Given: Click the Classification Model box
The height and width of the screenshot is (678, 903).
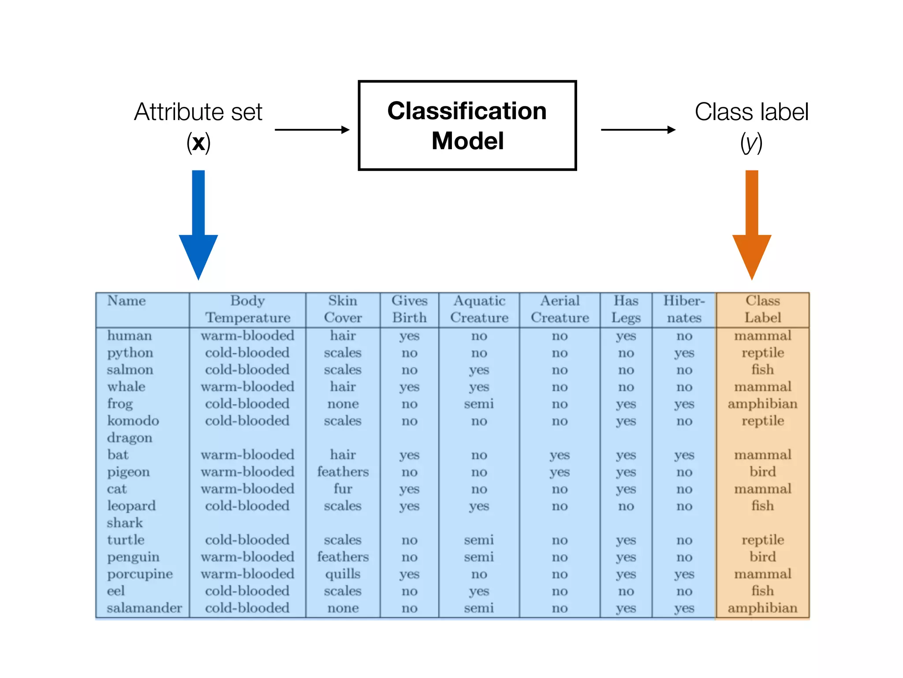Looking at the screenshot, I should click(x=467, y=125).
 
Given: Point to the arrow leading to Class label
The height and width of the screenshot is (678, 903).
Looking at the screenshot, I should click(x=638, y=130).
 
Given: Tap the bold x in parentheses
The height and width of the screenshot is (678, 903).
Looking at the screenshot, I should click(x=198, y=143).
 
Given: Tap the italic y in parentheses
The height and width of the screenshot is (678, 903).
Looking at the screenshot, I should click(x=751, y=143).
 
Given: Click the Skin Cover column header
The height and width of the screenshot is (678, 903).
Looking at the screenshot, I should click(x=343, y=309).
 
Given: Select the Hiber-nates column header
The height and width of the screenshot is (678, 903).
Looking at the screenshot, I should click(x=684, y=309).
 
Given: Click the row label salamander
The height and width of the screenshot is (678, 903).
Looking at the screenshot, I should click(x=144, y=608).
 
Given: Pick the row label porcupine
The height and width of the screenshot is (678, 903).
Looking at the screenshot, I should click(x=140, y=574).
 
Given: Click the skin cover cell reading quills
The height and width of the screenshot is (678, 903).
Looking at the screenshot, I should click(x=343, y=574).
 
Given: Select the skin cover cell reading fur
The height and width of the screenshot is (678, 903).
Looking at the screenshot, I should click(x=343, y=489).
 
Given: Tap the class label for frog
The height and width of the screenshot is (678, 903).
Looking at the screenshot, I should click(x=762, y=404).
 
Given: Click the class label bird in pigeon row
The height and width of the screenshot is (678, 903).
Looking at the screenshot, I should click(x=762, y=472).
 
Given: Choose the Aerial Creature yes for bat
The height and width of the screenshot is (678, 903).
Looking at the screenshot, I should click(x=560, y=455).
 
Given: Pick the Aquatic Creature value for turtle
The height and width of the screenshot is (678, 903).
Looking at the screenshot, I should click(x=479, y=540).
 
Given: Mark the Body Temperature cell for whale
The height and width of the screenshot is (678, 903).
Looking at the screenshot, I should click(x=247, y=387).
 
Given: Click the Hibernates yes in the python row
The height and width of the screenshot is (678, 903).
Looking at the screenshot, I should click(x=684, y=353).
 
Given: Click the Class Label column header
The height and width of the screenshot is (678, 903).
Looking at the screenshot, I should click(x=762, y=309).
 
